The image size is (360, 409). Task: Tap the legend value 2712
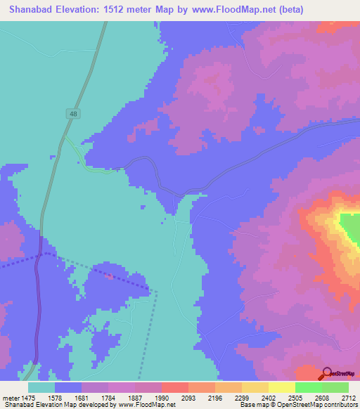[349, 398]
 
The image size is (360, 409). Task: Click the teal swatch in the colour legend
[41, 387]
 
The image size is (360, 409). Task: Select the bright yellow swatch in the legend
[282, 387]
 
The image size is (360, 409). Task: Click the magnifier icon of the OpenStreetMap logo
[327, 374]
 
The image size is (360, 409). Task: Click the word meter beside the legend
[11, 398]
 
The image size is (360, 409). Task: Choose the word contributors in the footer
[340, 405]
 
